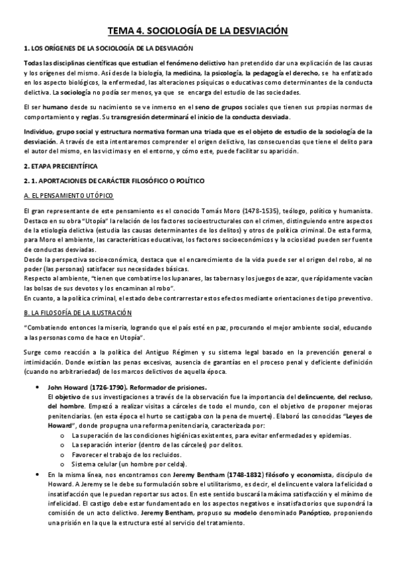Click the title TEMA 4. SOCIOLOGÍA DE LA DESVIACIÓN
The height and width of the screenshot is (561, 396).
coord(198,30)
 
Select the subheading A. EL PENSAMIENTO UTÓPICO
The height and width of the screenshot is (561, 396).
coord(68,196)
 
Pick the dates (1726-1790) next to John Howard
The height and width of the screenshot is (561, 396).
coord(106,386)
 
